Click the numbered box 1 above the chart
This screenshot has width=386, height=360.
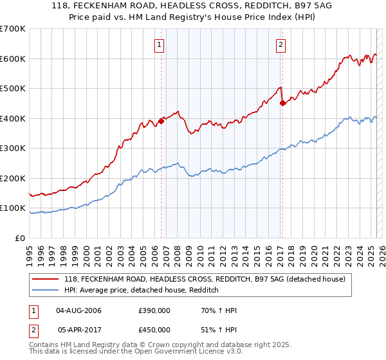point(158,44)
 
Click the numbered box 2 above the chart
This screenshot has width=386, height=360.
point(281,44)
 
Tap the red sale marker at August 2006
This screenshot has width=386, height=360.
point(161,121)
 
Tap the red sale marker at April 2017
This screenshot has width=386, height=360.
point(282,104)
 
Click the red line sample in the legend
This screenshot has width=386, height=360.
point(46,279)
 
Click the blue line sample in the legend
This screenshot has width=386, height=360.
point(46,290)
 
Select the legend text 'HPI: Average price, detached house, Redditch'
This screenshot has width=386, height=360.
point(142,290)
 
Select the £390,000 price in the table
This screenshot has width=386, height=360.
point(154,310)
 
